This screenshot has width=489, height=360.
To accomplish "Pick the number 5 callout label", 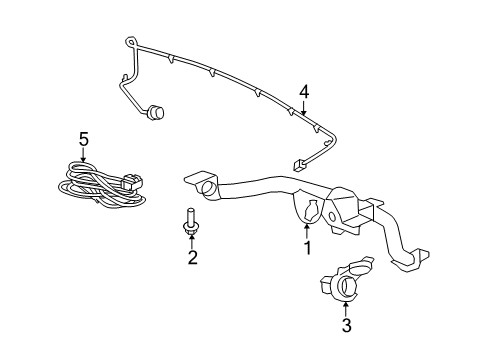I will [x=84, y=138].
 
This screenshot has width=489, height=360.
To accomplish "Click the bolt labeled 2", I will [x=190, y=221].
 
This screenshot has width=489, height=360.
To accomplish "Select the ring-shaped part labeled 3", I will [x=347, y=285].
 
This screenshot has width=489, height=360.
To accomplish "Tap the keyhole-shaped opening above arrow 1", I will [x=309, y=211].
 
